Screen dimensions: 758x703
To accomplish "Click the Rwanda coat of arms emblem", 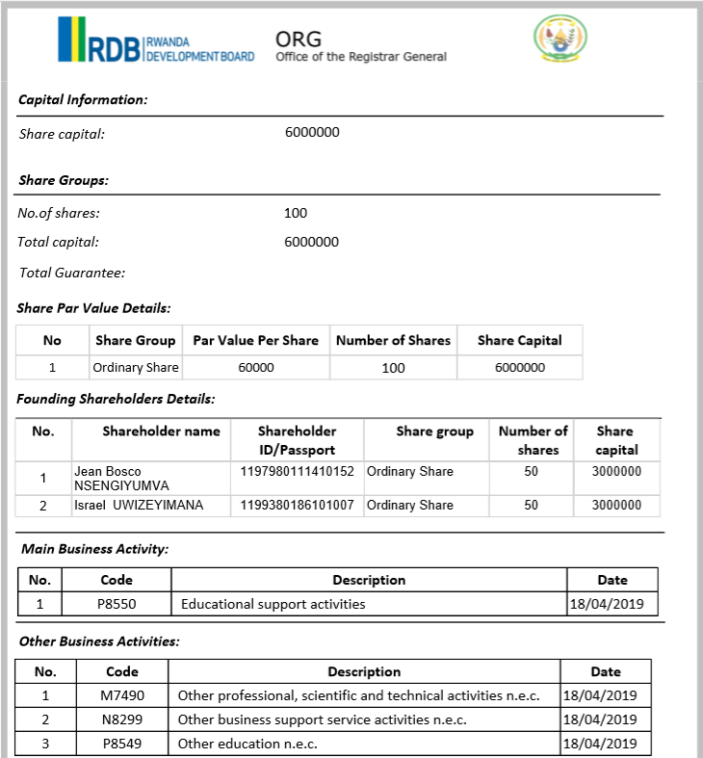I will coord(559,39).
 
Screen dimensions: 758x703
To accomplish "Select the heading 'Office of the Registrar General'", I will coord(360,57).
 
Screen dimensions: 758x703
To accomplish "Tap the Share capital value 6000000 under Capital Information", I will coord(312,133).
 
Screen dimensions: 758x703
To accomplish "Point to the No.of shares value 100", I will coord(296,213).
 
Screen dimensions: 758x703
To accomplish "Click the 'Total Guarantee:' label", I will coord(72,273).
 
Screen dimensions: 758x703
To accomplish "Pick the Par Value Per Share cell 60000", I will coord(255,368).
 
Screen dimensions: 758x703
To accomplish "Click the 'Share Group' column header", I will coord(136,340).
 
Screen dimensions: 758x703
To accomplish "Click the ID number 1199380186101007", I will coord(297,505).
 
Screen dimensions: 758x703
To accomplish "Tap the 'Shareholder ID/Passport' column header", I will coord(297,440).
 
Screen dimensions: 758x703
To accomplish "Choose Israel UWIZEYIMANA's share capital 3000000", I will coord(616,505).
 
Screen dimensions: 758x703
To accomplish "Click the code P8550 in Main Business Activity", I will coord(117,605).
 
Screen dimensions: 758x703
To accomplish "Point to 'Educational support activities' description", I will coord(273,605).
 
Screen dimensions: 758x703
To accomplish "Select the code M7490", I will coord(122,695).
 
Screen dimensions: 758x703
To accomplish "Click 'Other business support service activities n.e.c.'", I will coord(322,719).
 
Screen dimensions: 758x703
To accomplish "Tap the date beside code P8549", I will coord(599,744).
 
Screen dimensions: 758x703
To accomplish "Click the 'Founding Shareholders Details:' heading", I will coord(116,399).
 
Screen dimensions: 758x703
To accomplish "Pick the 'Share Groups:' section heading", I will coord(64,180).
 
